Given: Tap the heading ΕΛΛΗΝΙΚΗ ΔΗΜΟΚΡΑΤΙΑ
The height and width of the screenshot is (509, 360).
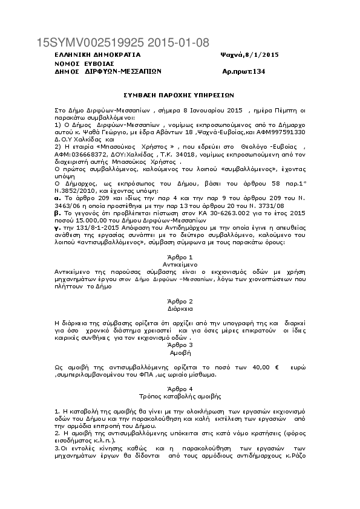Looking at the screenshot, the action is point(89,54).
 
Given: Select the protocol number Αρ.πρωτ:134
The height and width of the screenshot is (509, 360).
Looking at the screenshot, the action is point(244,71).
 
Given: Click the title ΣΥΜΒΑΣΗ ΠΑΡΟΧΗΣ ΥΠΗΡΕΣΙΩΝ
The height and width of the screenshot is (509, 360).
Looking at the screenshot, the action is point(178,95).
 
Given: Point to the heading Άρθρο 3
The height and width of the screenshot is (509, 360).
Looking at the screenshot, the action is point(180,345).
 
